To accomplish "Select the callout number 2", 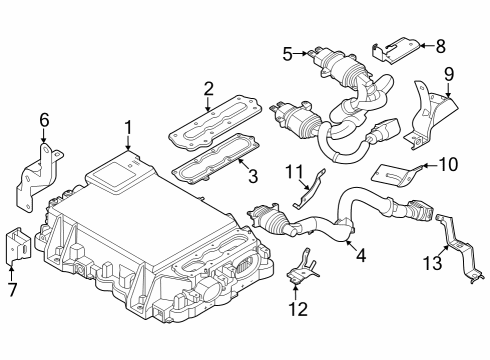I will pyautogui.click(x=208, y=88).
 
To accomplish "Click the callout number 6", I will pyautogui.click(x=44, y=121).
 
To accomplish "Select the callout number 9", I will pyautogui.click(x=449, y=73).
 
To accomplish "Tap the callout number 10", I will pyautogui.click(x=446, y=163).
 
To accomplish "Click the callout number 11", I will pyautogui.click(x=294, y=172).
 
